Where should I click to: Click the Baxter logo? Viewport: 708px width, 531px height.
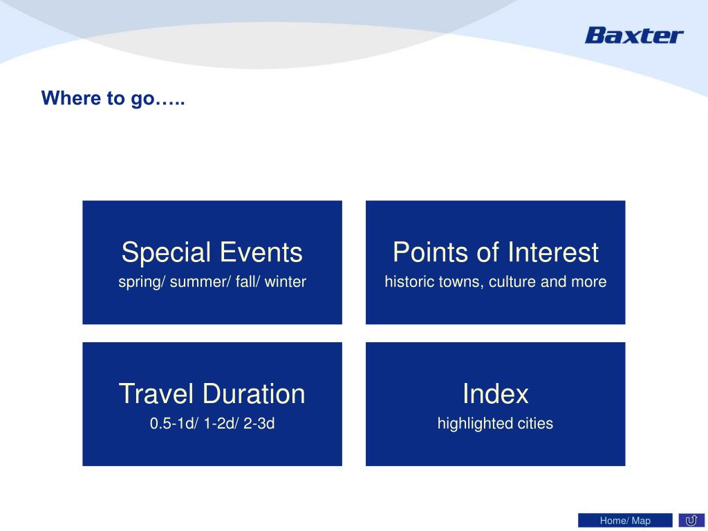(x=634, y=35)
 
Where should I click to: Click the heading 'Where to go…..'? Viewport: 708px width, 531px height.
(x=113, y=98)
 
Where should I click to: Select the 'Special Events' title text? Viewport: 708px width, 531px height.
(x=212, y=252)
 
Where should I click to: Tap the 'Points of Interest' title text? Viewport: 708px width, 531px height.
(x=495, y=252)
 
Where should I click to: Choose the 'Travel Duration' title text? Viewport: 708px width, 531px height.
(x=212, y=393)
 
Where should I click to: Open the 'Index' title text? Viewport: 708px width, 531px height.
(x=495, y=393)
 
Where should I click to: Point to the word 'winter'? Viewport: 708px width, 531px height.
(x=286, y=282)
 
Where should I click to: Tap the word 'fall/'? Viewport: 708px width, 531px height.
(x=248, y=282)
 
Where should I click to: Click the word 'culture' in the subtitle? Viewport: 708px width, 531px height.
(x=512, y=282)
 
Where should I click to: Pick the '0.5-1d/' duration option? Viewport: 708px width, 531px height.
(x=174, y=424)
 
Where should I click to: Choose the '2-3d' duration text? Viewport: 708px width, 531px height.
(x=259, y=424)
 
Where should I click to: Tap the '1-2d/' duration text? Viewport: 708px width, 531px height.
(x=221, y=424)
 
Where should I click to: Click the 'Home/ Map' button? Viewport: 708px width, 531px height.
(x=625, y=521)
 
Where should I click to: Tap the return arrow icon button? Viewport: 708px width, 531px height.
(x=691, y=521)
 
